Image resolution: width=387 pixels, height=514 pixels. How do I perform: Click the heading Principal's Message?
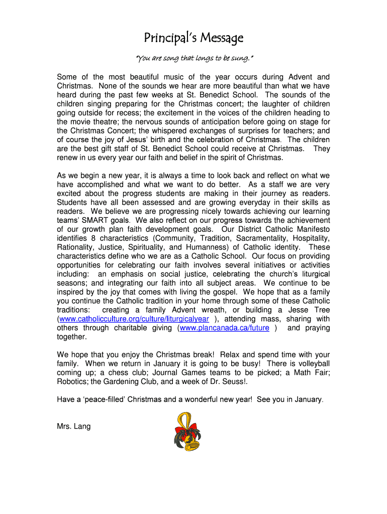click(x=193, y=38)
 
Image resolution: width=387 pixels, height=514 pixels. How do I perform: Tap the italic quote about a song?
click(x=193, y=59)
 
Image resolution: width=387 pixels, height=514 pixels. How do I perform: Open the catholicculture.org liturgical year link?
click(x=134, y=319)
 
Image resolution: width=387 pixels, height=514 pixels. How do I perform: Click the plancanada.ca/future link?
click(x=224, y=328)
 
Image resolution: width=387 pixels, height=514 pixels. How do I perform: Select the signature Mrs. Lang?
click(x=74, y=427)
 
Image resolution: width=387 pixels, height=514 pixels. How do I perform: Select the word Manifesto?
click(x=311, y=229)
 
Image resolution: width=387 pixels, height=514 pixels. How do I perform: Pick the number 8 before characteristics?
click(x=96, y=238)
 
